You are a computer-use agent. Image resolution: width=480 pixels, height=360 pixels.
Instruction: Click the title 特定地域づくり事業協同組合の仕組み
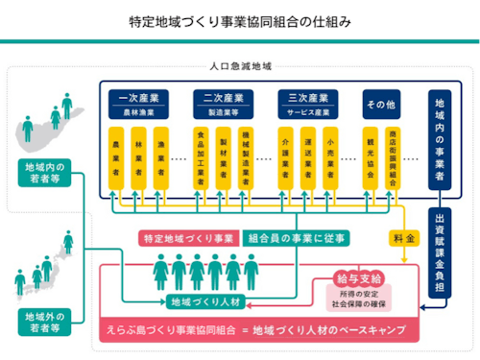[240, 20]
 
